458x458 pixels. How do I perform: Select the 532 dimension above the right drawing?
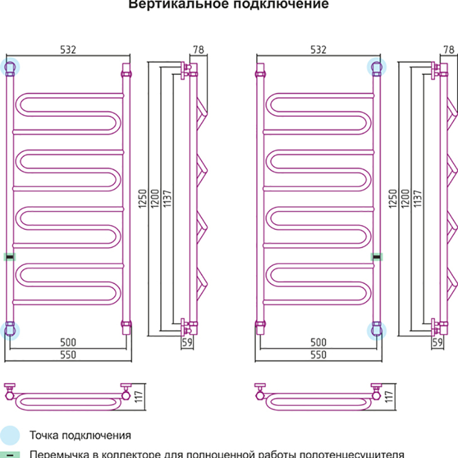click(x=318, y=50)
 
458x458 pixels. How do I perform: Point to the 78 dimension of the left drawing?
click(x=199, y=50)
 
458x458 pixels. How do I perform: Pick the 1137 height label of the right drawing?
click(x=416, y=199)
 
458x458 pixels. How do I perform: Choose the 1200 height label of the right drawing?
click(x=404, y=199)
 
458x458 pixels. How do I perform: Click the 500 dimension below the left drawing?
click(x=68, y=342)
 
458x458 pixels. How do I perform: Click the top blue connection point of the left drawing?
click(x=10, y=67)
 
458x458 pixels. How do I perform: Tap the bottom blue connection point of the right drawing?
click(x=377, y=329)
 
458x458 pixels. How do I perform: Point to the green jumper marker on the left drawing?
click(x=10, y=257)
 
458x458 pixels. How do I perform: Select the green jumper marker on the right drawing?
click(x=377, y=257)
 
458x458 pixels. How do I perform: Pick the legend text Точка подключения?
click(x=80, y=435)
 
